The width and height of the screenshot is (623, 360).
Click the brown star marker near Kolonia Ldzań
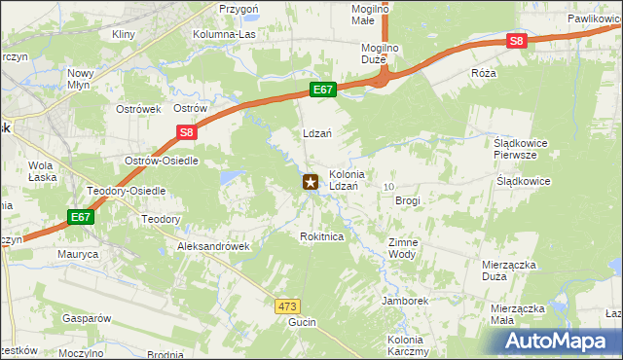(x=311, y=182)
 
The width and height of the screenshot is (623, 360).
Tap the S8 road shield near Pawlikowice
(x=516, y=41)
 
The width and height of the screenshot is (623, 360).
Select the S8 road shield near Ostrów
(x=187, y=134)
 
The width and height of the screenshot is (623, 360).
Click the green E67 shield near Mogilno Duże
(x=324, y=90)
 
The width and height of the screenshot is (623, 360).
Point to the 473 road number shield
(x=286, y=306)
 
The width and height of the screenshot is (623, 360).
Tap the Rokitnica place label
(x=322, y=236)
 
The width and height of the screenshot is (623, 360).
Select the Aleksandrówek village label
(x=213, y=247)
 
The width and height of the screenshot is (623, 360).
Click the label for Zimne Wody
(x=402, y=247)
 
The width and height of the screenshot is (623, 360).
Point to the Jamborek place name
(x=406, y=302)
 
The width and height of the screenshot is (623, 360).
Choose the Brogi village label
(x=407, y=199)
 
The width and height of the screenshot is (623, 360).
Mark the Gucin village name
(x=302, y=321)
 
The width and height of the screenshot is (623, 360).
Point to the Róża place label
(x=483, y=73)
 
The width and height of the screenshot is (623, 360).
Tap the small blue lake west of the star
(x=233, y=178)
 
